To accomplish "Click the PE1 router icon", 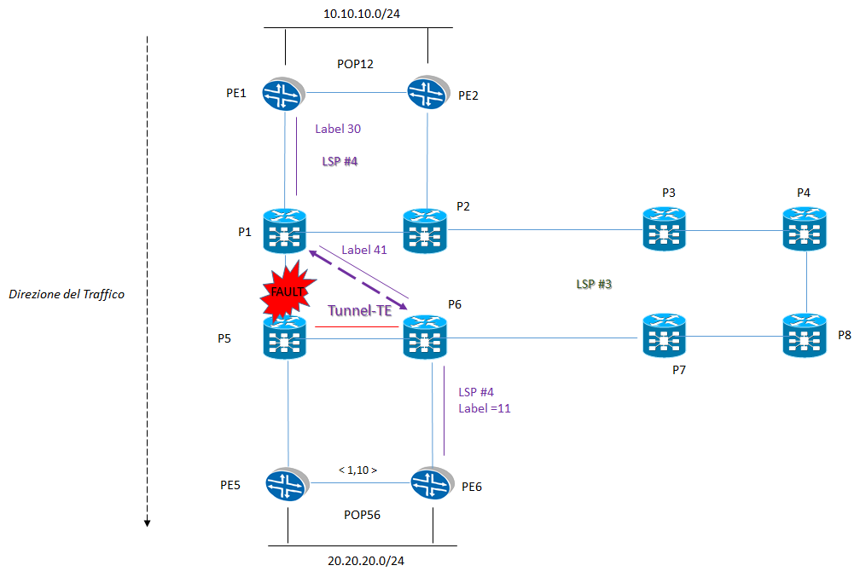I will [284, 93].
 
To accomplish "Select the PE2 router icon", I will [427, 93].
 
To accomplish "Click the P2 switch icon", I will [426, 231].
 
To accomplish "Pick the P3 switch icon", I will [665, 230].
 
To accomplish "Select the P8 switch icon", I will [805, 336].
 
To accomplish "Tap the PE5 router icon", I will [288, 485].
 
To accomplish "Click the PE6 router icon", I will [432, 485].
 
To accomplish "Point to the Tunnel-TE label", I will [359, 311].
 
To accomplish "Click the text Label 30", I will [338, 129].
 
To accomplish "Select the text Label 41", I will [364, 251].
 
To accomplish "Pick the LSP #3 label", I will [595, 284].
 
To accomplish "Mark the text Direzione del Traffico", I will [67, 294].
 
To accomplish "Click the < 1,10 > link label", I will [357, 470].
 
